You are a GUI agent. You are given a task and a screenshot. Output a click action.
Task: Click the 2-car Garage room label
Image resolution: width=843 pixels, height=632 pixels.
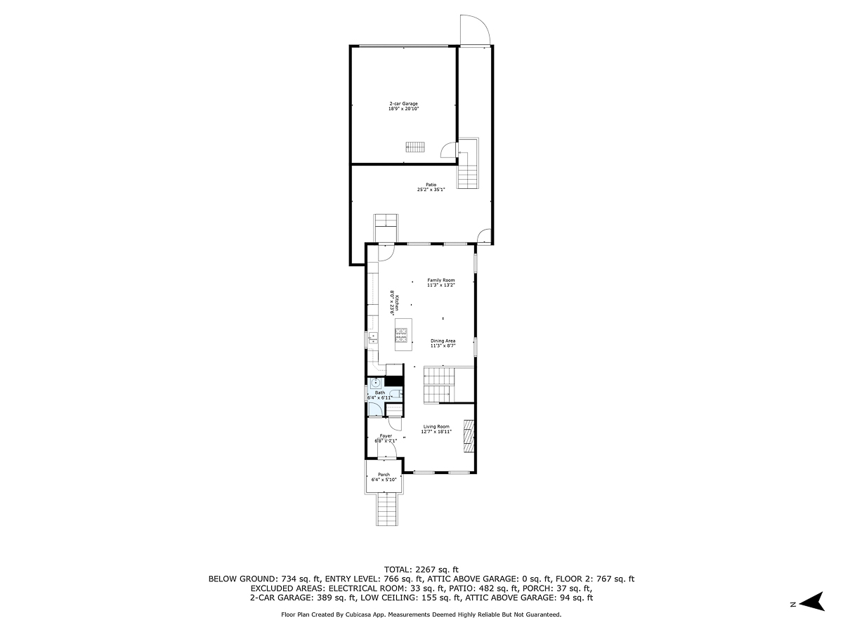click(x=403, y=106)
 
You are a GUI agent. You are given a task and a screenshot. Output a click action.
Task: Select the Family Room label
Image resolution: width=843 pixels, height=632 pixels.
click(x=440, y=282)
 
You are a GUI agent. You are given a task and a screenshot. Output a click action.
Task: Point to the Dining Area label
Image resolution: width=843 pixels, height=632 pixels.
click(x=443, y=343)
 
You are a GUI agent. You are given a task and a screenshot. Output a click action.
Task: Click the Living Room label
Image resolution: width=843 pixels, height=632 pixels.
click(x=436, y=429)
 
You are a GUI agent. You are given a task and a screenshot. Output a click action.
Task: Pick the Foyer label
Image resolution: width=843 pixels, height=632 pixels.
click(x=386, y=438)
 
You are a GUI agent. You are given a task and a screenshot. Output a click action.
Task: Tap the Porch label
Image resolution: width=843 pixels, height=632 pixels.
click(x=384, y=477)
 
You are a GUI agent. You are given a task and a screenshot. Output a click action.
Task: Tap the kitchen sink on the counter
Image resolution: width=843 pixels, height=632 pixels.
click(x=372, y=339)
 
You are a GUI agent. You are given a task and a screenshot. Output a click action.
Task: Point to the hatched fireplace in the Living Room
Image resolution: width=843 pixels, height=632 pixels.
click(x=469, y=435)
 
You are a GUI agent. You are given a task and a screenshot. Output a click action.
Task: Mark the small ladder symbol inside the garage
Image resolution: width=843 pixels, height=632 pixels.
click(x=415, y=146)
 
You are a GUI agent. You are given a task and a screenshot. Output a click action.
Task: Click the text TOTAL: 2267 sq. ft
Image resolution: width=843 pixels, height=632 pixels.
click(x=421, y=569)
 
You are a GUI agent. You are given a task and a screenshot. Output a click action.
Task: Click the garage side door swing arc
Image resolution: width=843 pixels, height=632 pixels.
click(x=446, y=150)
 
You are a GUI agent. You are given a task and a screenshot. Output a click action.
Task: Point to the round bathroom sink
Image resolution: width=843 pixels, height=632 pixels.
click(x=376, y=383)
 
